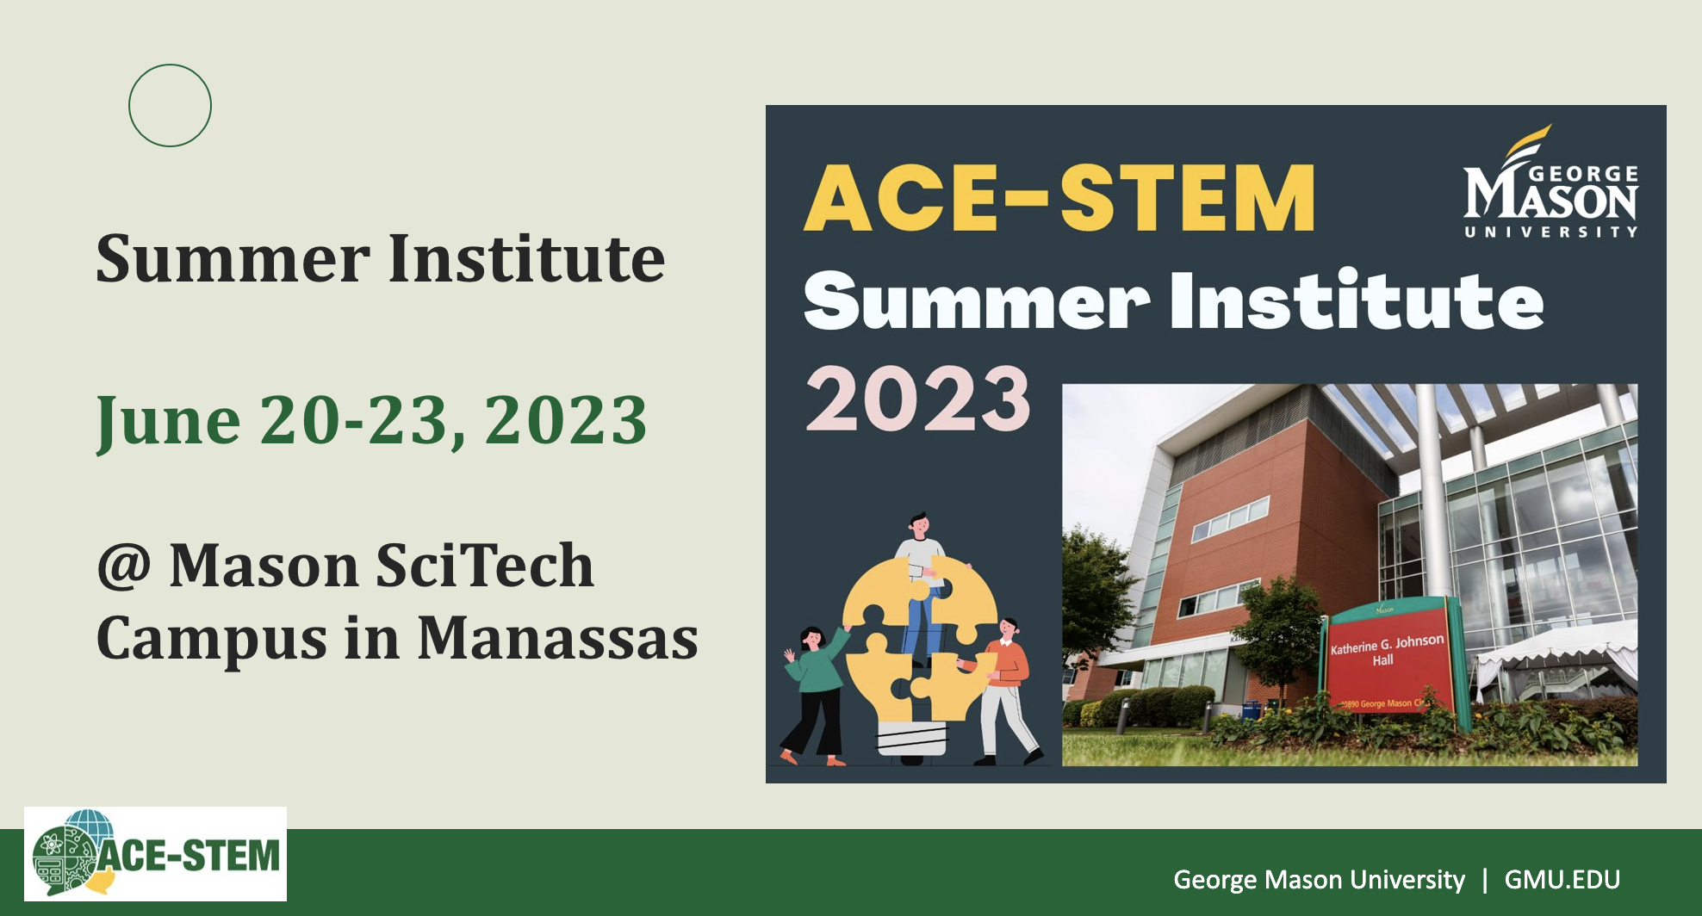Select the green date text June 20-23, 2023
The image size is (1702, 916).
pos(371,421)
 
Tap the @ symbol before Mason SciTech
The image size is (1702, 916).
pos(125,567)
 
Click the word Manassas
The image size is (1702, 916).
pos(558,638)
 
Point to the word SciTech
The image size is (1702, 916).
pos(485,566)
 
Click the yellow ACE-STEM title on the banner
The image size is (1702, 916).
pos(1059,198)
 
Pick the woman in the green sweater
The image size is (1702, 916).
pos(814,694)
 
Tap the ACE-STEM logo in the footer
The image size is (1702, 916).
pos(156,854)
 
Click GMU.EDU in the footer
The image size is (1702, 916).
pos(1562,879)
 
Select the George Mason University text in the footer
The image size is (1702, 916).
pos(1319,879)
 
